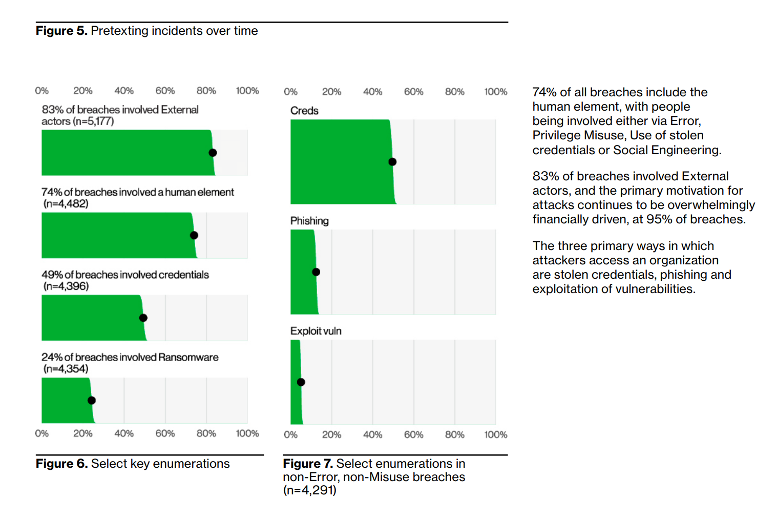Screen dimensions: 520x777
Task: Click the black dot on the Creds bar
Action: pos(392,162)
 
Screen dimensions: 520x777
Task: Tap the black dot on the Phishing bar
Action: pos(316,272)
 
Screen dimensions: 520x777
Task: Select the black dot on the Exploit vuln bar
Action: pos(301,382)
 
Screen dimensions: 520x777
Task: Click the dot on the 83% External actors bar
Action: pos(213,153)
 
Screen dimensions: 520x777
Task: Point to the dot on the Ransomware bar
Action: pos(92,401)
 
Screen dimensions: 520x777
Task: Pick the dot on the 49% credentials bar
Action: pos(143,318)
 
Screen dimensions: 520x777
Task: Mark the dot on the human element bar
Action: pos(194,236)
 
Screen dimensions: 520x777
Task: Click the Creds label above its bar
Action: pos(304,111)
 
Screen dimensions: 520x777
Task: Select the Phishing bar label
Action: pos(309,221)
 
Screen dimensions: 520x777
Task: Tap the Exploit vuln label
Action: pos(316,331)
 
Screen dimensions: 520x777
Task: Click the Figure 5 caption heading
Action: pos(146,31)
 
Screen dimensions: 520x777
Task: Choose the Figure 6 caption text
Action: pos(133,464)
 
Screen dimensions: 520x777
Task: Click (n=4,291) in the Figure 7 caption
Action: pos(309,490)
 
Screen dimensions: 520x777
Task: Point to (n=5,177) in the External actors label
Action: pos(93,121)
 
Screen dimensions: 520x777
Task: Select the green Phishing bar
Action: pos(303,272)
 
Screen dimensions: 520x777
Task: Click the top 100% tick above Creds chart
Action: pos(495,92)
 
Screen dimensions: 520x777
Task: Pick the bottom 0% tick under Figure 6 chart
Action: pos(42,433)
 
